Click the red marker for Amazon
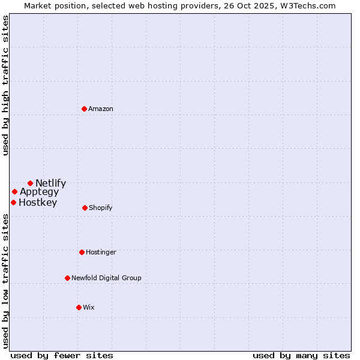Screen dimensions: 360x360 tap(85, 109)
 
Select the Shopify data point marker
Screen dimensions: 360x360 tap(85, 208)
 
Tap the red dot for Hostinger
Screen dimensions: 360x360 tap(82, 252)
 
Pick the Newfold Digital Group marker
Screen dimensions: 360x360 tap(68, 278)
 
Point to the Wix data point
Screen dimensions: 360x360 tap(79, 307)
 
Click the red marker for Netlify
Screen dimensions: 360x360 tap(30, 183)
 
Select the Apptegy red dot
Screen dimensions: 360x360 tap(14, 192)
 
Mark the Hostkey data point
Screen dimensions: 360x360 tap(13, 202)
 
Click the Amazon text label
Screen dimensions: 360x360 tap(101, 109)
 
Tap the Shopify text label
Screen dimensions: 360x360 tap(101, 208)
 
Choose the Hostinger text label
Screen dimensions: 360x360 tap(101, 252)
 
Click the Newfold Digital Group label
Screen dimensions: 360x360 tap(106, 278)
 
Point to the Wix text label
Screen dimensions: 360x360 tap(89, 307)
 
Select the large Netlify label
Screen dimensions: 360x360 tap(51, 184)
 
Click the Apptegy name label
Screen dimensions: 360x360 tap(40, 192)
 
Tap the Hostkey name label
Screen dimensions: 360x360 tap(38, 203)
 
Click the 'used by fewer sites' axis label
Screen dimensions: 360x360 tap(62, 355)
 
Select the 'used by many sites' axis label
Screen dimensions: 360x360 tap(301, 355)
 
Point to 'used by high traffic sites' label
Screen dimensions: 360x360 tap(5, 85)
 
